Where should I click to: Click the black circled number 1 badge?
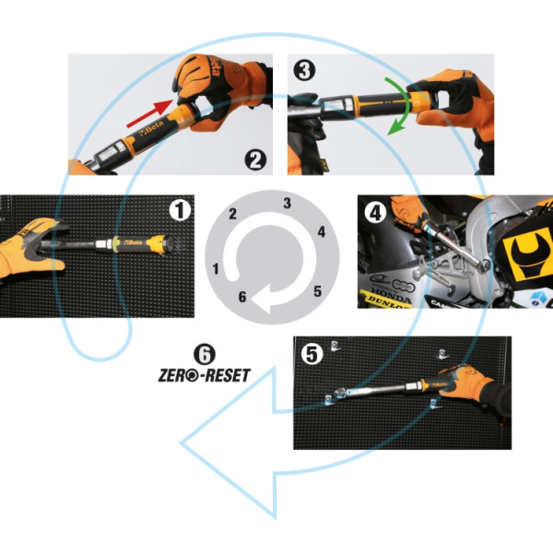click(181, 211)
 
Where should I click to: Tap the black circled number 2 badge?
click(256, 158)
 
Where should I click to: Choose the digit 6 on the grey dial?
click(241, 297)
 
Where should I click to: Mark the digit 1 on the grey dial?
click(216, 268)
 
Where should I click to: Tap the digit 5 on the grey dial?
click(317, 291)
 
